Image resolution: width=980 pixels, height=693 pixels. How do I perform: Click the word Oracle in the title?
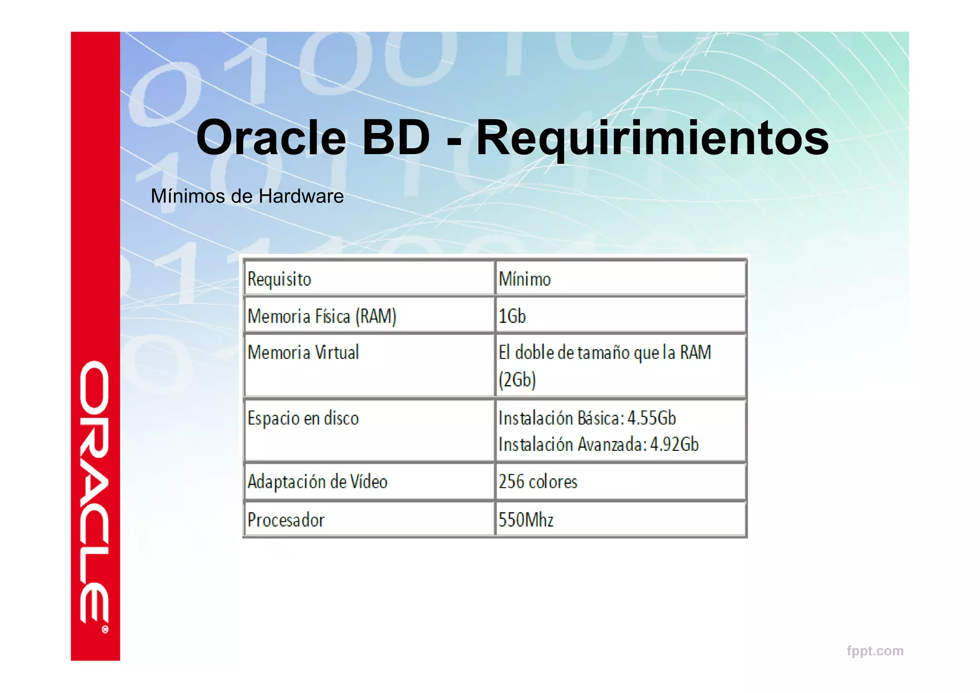coord(271,138)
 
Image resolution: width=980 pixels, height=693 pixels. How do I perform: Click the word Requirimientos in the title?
coord(652,139)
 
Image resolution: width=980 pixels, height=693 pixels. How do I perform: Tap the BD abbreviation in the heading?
coord(396,138)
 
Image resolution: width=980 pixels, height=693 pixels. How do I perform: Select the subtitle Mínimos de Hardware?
coord(247,196)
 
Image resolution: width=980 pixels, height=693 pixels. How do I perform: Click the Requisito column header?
coord(279,279)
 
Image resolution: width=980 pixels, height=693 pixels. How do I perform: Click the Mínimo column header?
coord(524,279)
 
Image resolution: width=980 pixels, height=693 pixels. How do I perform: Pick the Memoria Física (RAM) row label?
coord(322,316)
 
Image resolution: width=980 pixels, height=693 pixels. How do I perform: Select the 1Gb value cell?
coord(512,316)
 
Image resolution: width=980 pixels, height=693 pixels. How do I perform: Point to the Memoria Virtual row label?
coord(303,353)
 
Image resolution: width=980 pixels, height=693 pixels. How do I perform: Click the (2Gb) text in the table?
coord(517,380)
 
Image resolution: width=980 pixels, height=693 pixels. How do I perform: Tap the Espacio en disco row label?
coord(303,418)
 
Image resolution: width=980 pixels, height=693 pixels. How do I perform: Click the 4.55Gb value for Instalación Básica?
coord(651,418)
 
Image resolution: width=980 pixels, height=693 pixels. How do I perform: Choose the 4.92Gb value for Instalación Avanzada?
coord(674,445)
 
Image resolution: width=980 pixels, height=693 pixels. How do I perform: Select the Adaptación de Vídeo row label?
coord(317,481)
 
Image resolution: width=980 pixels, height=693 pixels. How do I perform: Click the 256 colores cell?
coord(538,481)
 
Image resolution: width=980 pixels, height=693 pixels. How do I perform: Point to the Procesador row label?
coord(286,520)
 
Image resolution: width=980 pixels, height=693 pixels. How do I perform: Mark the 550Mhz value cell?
coord(526,520)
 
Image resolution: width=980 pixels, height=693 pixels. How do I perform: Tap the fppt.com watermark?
coord(875,651)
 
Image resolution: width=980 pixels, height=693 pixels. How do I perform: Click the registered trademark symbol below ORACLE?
coord(105,629)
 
